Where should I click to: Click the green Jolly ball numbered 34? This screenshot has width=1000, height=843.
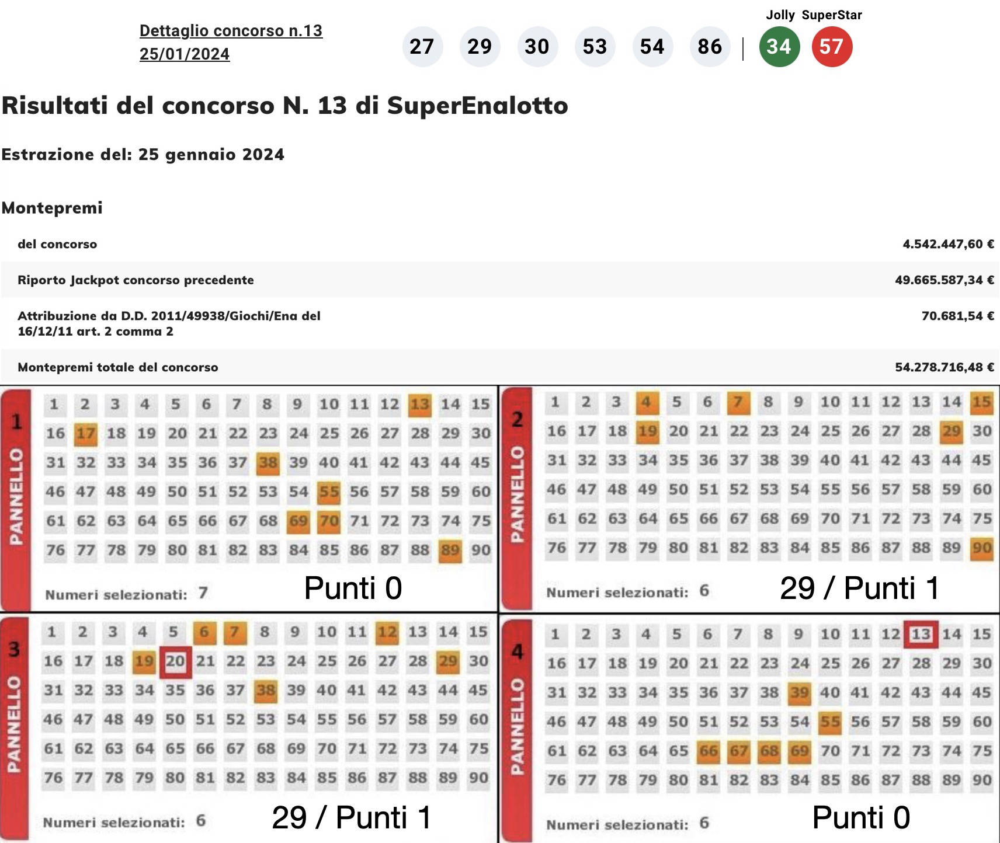click(779, 47)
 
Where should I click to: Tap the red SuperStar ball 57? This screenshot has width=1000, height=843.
click(831, 47)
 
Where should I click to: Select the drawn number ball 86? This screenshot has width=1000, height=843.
click(709, 47)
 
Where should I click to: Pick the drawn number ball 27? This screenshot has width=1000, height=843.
click(421, 47)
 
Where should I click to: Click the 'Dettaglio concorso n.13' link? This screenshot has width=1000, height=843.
click(231, 31)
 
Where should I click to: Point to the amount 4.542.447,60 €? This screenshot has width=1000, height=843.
click(947, 244)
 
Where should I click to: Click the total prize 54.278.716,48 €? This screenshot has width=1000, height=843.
click(944, 367)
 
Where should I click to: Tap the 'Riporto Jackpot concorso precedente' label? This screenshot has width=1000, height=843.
click(136, 280)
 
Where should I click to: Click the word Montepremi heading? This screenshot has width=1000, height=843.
click(52, 208)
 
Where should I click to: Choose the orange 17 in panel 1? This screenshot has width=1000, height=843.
click(85, 434)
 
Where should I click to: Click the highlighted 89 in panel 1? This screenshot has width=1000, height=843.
click(450, 551)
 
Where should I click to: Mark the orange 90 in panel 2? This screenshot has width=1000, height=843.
click(981, 548)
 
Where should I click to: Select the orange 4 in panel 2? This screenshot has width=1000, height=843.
click(645, 402)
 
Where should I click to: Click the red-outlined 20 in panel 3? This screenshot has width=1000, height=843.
click(175, 661)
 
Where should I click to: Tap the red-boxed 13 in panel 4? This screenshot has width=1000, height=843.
click(921, 635)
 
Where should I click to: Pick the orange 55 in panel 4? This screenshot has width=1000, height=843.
click(829, 722)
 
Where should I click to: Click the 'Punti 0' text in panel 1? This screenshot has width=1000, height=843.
click(353, 588)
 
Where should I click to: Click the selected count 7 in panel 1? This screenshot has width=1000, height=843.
click(203, 594)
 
